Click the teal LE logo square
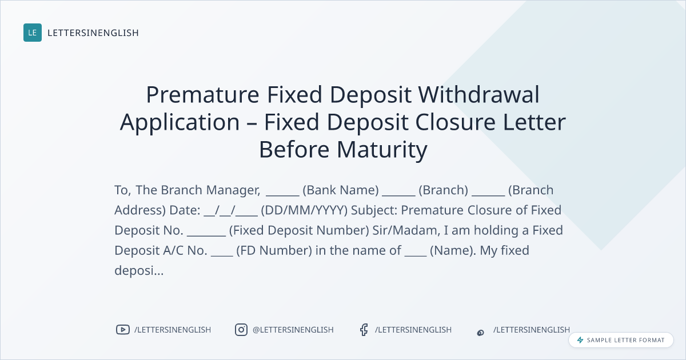pos(33,33)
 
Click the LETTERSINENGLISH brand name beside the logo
pos(93,33)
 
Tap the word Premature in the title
pos(203,95)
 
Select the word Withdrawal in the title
pos(478,94)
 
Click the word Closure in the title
pos(455,122)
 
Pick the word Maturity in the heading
pos(382,150)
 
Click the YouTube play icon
pos(123,330)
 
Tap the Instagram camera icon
pos(241,330)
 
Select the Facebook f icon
pos(364,330)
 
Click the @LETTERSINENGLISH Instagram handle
pos(293,330)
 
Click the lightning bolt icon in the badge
pos(580,340)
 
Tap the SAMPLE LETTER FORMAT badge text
pos(625,340)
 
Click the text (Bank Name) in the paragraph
pos(341,190)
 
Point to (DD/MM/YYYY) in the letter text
pos(304,210)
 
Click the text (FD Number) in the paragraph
pos(274,250)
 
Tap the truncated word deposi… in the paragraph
pos(139,271)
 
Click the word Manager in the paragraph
pos(233,191)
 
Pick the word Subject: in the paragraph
pos(374,211)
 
